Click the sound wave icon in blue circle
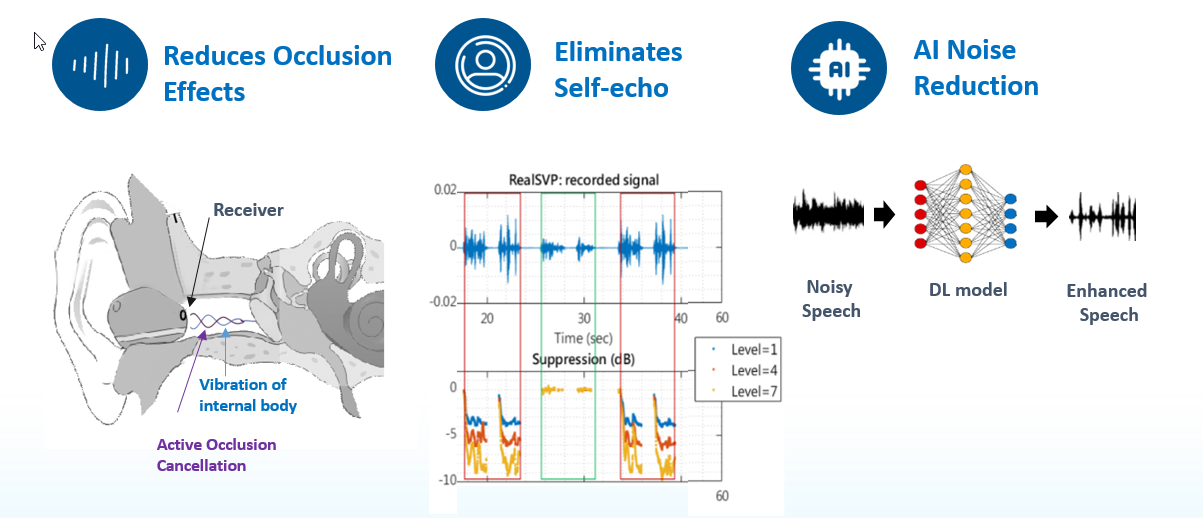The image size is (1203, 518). [100, 67]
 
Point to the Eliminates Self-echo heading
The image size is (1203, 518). [618, 69]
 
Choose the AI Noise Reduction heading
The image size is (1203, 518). [976, 67]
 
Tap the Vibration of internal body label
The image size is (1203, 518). [248, 395]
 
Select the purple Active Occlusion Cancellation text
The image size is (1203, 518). [216, 454]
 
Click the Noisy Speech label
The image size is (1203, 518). [829, 298]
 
